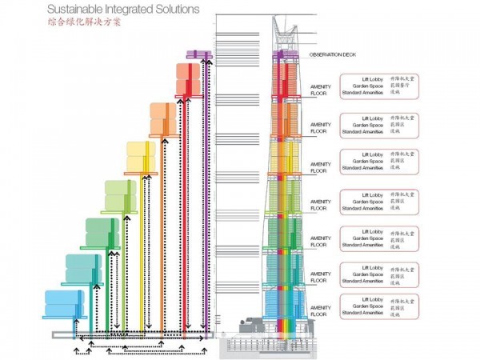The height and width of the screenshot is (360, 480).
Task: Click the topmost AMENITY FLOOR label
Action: [320, 90]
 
